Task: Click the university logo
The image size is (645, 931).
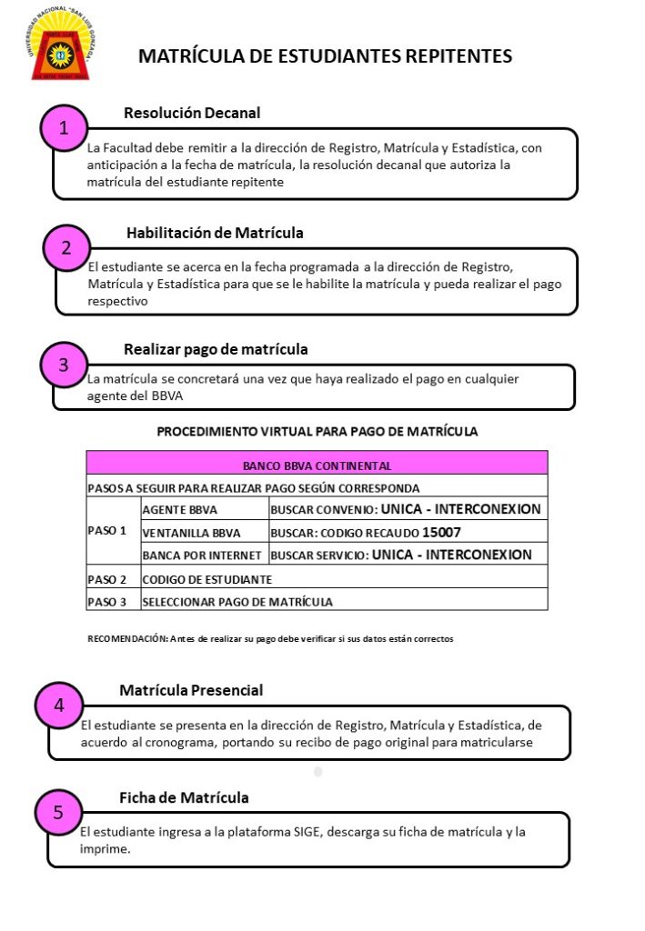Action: click(x=58, y=46)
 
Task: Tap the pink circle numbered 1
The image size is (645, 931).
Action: click(x=64, y=129)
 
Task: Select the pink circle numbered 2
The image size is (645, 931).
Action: click(x=66, y=247)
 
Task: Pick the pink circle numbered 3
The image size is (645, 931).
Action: click(x=63, y=365)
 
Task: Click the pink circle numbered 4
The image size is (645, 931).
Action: click(x=59, y=705)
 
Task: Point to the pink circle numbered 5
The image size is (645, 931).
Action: click(x=58, y=813)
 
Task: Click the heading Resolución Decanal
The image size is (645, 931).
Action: click(x=192, y=114)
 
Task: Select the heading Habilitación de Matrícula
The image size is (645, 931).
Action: click(x=215, y=233)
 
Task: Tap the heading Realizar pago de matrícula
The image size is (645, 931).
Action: click(x=216, y=349)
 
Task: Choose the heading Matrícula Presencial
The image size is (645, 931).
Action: click(x=191, y=690)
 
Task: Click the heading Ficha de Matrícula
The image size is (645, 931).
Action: click(x=184, y=797)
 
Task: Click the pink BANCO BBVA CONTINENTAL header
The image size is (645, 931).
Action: click(x=317, y=465)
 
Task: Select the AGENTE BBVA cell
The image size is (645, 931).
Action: click(x=180, y=510)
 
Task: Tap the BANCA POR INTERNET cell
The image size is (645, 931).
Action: click(x=203, y=555)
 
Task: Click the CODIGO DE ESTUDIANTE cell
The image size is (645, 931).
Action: click(x=207, y=578)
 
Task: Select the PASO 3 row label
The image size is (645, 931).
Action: click(x=107, y=601)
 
